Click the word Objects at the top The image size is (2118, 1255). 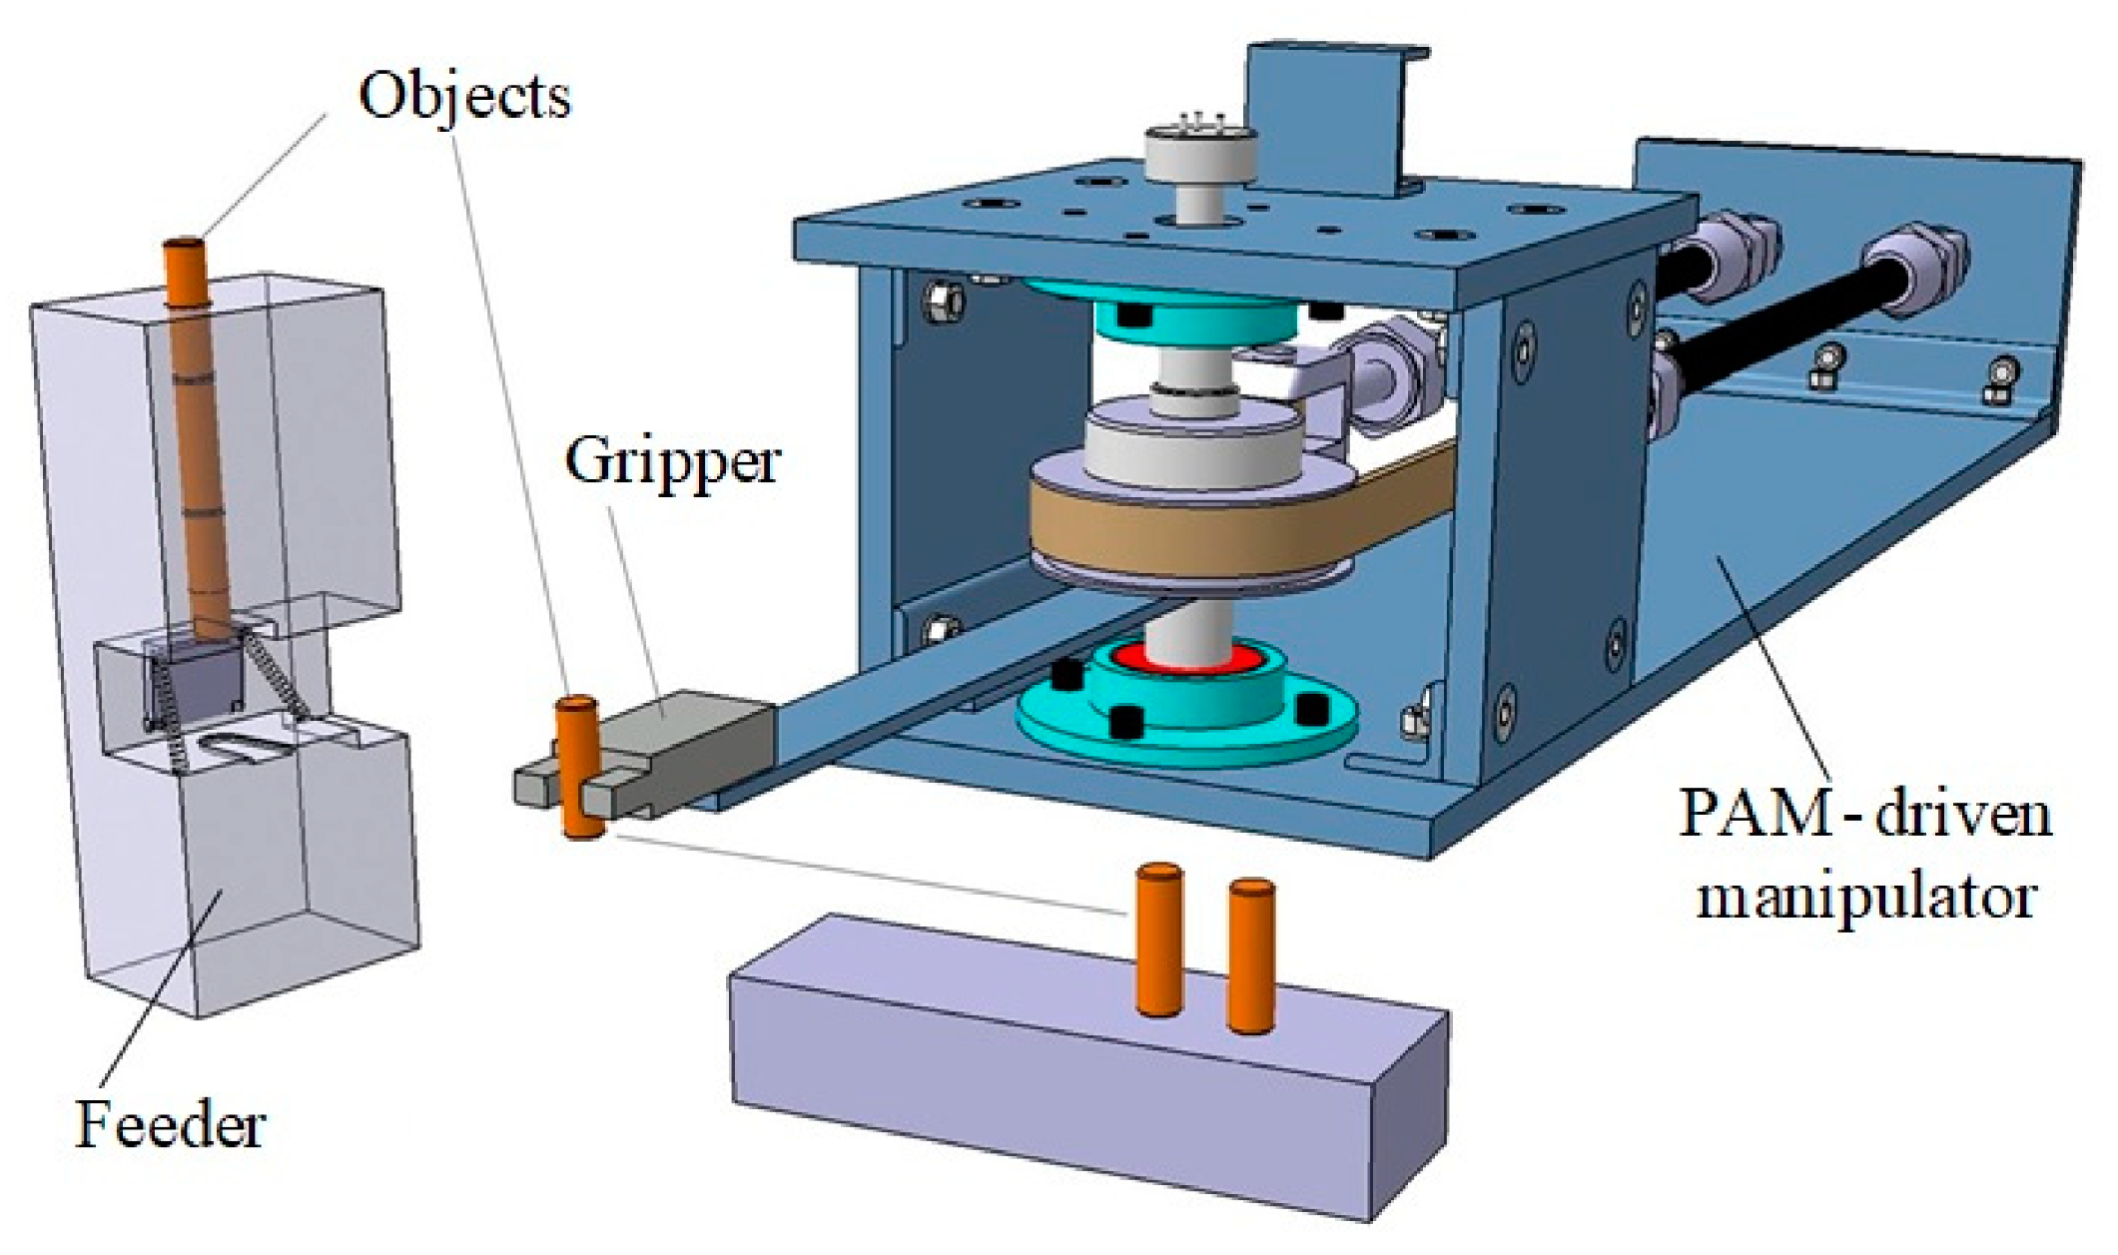[464, 97]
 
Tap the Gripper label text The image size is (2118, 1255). [672, 462]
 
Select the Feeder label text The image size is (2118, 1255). [171, 1124]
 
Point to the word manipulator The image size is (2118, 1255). [1865, 896]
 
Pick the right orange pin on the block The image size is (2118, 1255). [1250, 953]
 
